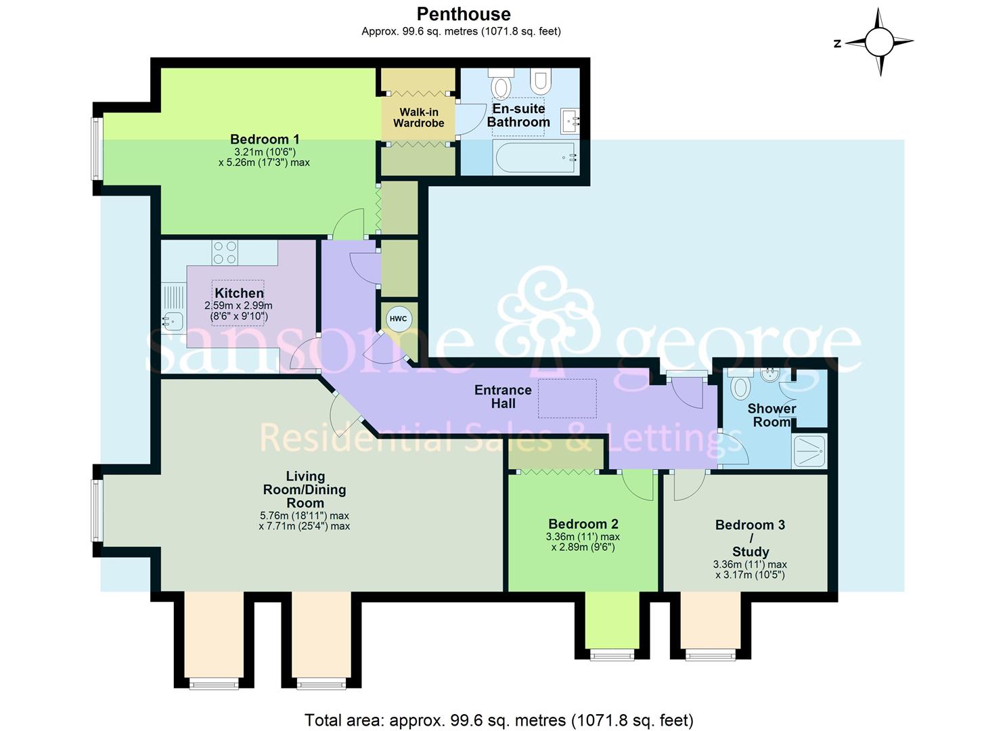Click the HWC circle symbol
point(399,319)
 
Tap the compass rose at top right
point(879,43)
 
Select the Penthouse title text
point(464,14)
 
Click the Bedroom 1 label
point(265,139)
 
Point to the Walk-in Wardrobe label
point(418,117)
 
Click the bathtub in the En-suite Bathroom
point(535,158)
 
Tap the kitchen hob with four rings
point(225,253)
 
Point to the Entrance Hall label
point(503,397)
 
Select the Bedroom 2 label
point(583,524)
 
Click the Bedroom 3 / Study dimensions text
point(750,570)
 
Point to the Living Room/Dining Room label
point(305,489)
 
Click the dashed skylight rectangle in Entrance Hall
point(567,399)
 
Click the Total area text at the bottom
point(499,720)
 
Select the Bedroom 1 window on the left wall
point(97,149)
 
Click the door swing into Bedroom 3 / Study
point(688,485)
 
